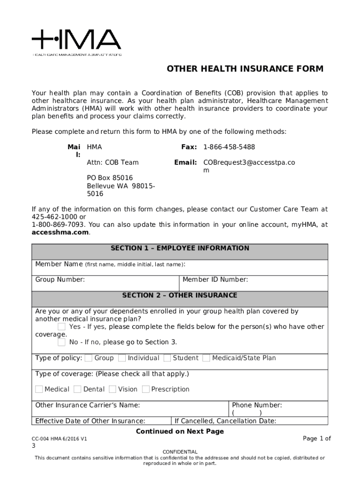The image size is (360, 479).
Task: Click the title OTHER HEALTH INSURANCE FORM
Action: click(245, 69)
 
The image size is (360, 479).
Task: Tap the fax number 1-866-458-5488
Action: click(229, 147)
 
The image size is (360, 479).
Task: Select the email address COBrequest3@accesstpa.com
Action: click(249, 162)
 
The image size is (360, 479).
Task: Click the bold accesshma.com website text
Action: click(60, 232)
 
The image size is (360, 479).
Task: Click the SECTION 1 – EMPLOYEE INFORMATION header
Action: click(180, 248)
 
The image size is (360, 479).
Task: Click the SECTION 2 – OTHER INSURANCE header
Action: click(180, 296)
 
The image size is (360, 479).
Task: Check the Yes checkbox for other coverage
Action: click(62, 327)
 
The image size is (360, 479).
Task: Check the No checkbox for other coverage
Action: click(62, 342)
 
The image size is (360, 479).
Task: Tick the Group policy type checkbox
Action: click(88, 358)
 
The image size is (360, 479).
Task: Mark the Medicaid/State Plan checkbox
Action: click(206, 358)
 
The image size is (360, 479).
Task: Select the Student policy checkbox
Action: click(167, 358)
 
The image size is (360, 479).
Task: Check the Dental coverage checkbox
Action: click(77, 389)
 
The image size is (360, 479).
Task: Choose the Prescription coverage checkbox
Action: click(145, 389)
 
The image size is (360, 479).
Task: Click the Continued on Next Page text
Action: click(180, 431)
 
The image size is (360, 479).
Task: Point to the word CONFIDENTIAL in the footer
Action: click(180, 451)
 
